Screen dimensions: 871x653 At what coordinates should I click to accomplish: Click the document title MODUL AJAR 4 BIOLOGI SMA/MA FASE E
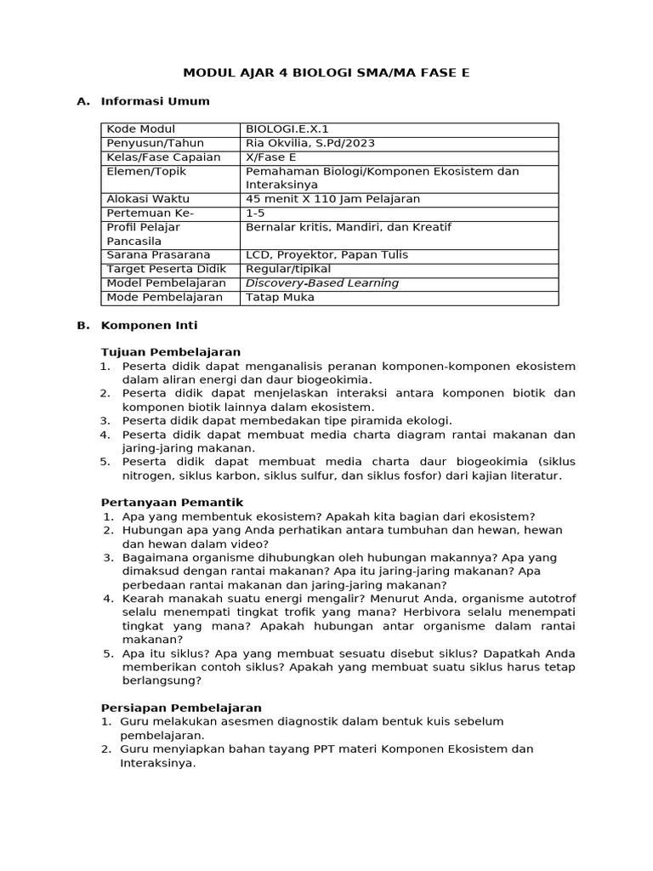(326, 73)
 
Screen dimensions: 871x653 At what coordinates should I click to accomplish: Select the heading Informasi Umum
(155, 101)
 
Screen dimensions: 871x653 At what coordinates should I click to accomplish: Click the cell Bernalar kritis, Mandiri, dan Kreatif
(348, 227)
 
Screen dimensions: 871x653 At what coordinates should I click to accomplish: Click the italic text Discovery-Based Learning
(321, 283)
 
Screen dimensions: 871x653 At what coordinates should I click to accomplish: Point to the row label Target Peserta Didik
(162, 269)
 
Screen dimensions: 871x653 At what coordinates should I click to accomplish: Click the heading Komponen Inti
(149, 325)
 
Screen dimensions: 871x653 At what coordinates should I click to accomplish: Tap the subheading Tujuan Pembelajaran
(171, 351)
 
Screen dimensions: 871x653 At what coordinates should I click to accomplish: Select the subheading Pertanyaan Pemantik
(173, 502)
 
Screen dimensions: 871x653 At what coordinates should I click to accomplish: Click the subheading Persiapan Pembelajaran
(181, 708)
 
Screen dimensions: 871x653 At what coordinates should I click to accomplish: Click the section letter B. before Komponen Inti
(82, 325)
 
